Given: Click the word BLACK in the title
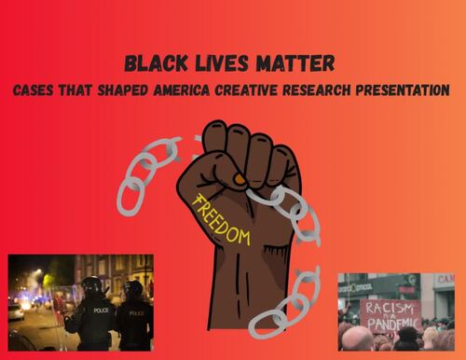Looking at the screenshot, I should click(x=157, y=64).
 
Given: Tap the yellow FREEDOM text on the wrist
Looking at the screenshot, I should click(x=221, y=221).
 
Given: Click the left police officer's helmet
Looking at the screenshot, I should click(x=91, y=284).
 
